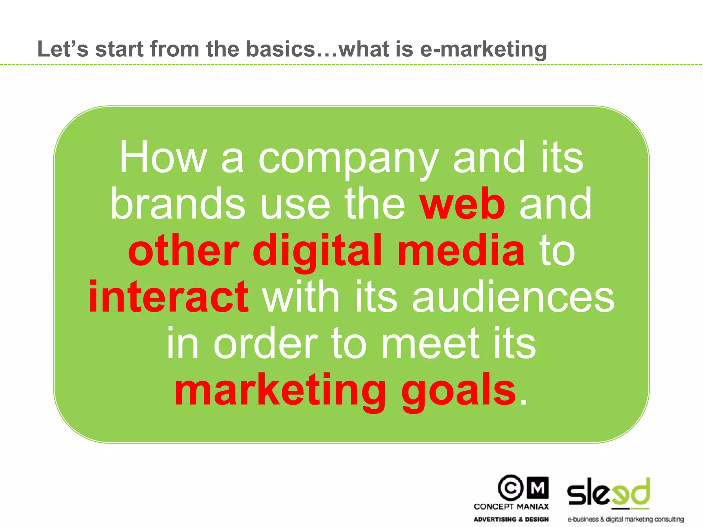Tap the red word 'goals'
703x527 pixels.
tap(459, 391)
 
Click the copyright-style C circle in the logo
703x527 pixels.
tap(511, 488)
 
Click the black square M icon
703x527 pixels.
tap(538, 488)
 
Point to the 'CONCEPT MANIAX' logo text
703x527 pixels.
tap(511, 506)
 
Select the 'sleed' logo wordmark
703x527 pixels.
tap(609, 493)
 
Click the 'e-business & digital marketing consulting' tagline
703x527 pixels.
tap(625, 519)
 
